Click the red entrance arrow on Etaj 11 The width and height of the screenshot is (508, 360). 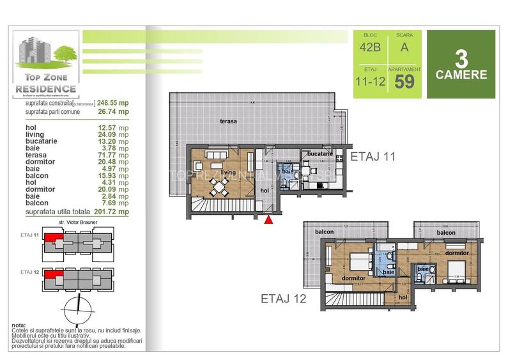point(269,220)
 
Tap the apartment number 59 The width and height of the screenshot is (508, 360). point(404,81)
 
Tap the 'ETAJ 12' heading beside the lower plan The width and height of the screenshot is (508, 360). point(283,298)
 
